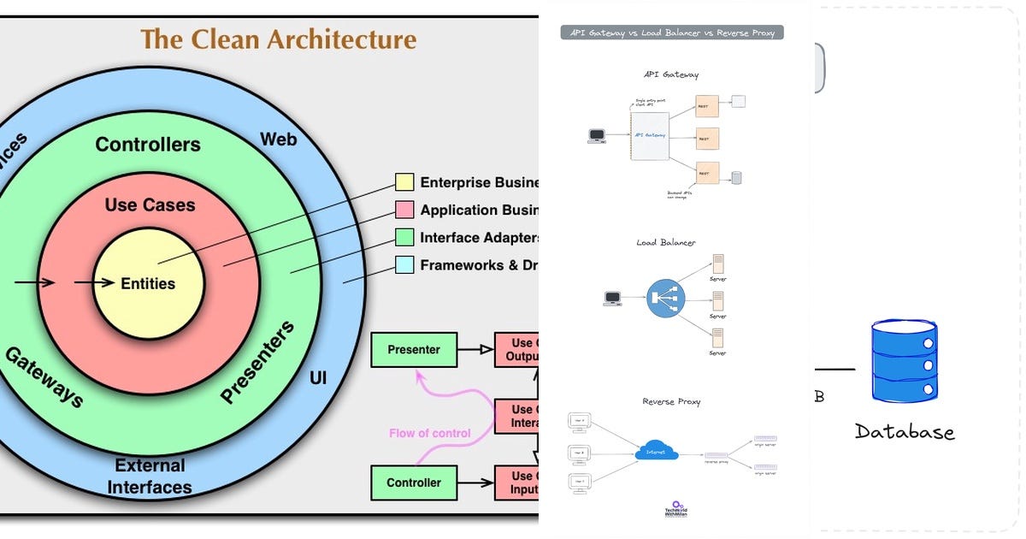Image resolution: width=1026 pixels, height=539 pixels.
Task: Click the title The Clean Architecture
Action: tap(278, 39)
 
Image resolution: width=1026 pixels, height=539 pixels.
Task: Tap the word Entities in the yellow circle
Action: tap(148, 284)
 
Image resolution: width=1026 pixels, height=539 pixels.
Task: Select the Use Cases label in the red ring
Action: tap(150, 205)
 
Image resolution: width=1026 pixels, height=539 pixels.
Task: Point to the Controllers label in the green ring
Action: tap(148, 145)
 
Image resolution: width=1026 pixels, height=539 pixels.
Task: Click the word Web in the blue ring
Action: tap(278, 139)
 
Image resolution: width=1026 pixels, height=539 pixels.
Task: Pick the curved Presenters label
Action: tap(257, 362)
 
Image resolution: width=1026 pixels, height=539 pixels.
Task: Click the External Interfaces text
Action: tap(150, 477)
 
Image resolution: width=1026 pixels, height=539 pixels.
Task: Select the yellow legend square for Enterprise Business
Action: tap(404, 182)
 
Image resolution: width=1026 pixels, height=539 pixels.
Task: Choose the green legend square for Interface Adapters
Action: tap(404, 237)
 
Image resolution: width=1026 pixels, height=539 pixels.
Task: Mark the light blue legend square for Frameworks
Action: tap(404, 265)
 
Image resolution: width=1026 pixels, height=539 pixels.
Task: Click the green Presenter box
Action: tap(414, 349)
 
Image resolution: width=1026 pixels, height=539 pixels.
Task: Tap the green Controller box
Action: tap(414, 483)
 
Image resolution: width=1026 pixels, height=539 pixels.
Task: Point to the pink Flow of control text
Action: tap(429, 433)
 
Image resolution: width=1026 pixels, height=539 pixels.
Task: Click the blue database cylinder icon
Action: tap(904, 361)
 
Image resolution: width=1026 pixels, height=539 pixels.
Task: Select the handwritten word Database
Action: tap(904, 431)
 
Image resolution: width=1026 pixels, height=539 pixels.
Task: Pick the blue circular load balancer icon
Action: tap(666, 299)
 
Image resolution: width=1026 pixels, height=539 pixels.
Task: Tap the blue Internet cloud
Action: tap(656, 451)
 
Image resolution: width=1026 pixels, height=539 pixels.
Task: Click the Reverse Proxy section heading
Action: tap(671, 401)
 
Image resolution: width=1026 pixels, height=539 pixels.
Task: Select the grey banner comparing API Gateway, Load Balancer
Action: tap(672, 33)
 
